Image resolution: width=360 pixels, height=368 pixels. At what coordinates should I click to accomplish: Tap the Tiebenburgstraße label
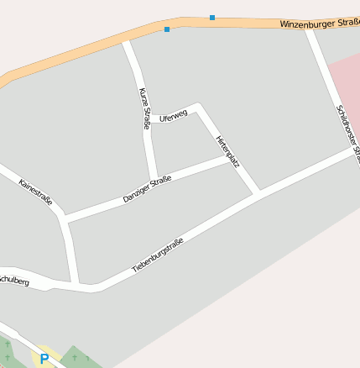[158, 255]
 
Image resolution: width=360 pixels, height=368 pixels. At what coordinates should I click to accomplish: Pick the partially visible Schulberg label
[13, 280]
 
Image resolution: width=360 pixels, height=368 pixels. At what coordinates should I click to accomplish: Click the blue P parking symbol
[44, 359]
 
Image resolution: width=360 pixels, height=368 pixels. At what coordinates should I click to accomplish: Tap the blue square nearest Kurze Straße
[167, 29]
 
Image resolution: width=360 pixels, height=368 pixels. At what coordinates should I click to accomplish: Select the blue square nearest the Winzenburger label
[212, 17]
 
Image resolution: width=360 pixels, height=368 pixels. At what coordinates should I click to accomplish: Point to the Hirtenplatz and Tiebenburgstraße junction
[258, 192]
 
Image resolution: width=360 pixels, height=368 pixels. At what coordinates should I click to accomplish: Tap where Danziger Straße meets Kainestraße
[65, 218]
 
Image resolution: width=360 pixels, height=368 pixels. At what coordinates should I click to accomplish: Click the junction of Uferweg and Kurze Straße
[149, 119]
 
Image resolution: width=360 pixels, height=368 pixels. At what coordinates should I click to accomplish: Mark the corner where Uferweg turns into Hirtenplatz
[198, 105]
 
